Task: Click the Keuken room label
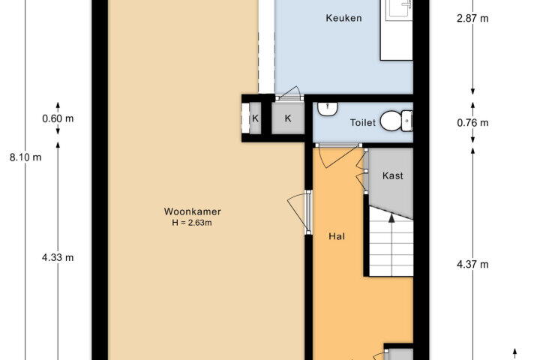click(x=343, y=18)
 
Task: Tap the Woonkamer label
click(x=192, y=211)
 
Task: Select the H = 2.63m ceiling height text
click(x=192, y=223)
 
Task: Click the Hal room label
click(x=337, y=236)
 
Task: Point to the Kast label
click(x=392, y=175)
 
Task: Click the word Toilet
click(x=363, y=123)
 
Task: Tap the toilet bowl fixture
click(x=396, y=121)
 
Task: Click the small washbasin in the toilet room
click(x=327, y=109)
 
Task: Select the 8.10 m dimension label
click(x=25, y=157)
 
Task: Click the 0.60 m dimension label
click(x=58, y=118)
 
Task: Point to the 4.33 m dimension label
click(x=58, y=257)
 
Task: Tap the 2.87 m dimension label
click(x=472, y=18)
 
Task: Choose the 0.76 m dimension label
click(x=472, y=123)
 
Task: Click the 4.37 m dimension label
click(x=472, y=264)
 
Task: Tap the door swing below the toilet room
click(x=339, y=156)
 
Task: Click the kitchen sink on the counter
click(x=400, y=8)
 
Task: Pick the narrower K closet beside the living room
click(x=255, y=118)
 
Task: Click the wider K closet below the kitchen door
click(x=288, y=118)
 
